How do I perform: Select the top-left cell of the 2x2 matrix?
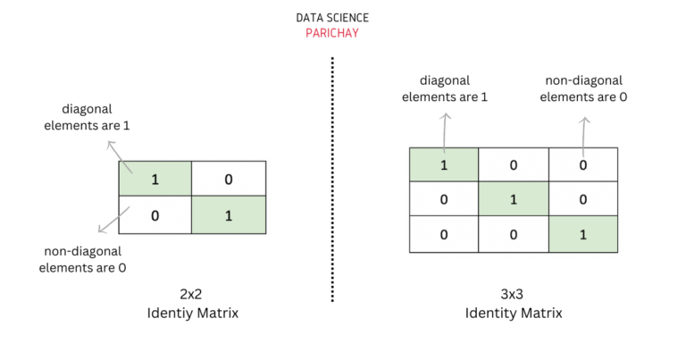coord(155,180)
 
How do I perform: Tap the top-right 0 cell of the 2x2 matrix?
coord(229,180)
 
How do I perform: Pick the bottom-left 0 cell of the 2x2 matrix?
coord(155,215)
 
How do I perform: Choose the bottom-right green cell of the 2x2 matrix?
coord(229,215)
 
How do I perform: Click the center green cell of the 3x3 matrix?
coord(514,199)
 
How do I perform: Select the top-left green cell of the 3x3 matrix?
coord(444,165)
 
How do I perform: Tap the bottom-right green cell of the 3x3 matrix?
coord(582,234)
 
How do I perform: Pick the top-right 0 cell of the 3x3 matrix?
coord(582,165)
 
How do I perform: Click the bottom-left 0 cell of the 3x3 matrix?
coord(444,234)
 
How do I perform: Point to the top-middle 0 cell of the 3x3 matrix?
coord(514,165)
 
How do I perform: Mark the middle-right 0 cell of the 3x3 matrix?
coord(582,199)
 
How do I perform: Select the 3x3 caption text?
coord(514,292)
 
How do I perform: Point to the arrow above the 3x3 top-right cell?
coord(583,134)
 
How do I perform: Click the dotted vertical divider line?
coord(332,179)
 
